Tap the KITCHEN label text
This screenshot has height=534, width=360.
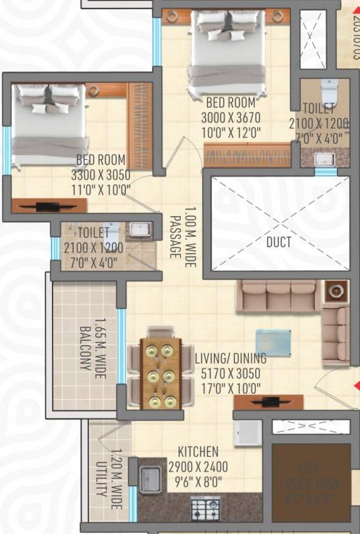click(x=198, y=452)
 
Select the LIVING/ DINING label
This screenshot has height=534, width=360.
click(x=230, y=359)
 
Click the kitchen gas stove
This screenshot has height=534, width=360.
click(x=206, y=508)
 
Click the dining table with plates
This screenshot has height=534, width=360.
click(x=161, y=374)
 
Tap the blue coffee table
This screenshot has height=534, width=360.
click(x=273, y=343)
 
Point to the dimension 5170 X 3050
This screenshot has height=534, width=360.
click(x=230, y=372)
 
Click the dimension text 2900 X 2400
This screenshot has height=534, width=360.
click(x=197, y=466)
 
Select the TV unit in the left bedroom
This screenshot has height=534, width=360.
click(x=49, y=206)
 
